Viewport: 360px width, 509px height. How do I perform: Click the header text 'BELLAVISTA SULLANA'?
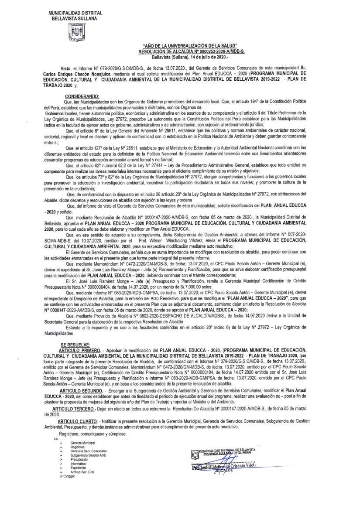[x=73, y=19]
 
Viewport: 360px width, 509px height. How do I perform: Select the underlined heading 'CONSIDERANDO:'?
[x=82, y=95]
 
